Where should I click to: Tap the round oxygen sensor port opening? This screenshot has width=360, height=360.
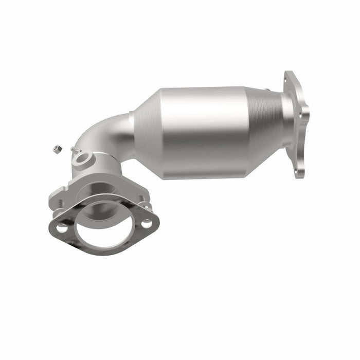point(82,158)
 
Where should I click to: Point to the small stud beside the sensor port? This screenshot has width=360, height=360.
point(74,150)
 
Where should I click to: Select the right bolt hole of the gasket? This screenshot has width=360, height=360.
point(147,224)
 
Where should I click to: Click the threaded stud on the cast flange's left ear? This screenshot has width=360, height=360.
point(60,203)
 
